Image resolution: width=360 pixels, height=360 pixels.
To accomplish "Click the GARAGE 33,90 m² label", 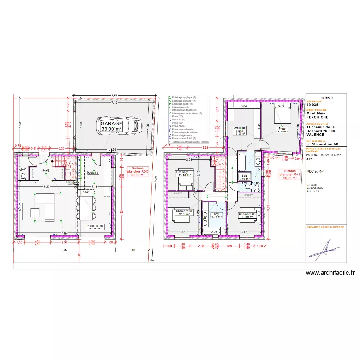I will tap(111, 126).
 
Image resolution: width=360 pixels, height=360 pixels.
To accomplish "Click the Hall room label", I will tap(46, 170).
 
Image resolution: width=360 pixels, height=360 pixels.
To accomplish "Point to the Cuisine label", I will tap(93, 172).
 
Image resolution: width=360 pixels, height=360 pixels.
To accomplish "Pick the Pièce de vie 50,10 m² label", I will tap(95, 227).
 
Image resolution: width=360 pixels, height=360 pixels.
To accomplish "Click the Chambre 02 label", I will tap(184, 212).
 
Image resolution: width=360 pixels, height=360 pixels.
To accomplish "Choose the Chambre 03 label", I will tap(247, 215).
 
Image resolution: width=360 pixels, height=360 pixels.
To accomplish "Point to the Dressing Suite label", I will tap(239, 131).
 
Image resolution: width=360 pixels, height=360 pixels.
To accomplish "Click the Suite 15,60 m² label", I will tap(281, 129).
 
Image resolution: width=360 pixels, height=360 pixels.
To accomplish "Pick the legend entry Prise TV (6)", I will tap(179, 120).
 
